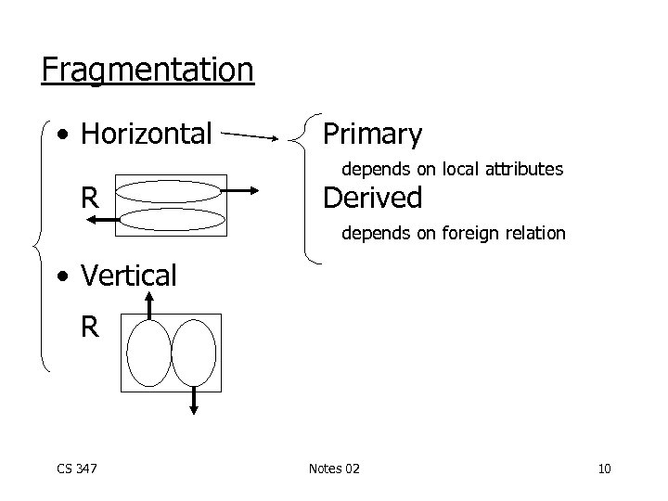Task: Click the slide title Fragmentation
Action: (x=147, y=70)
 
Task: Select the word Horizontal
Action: (x=147, y=135)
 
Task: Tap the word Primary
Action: (x=371, y=135)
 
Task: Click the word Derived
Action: (x=371, y=198)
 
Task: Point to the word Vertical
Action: (x=128, y=276)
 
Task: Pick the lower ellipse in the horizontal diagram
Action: (x=173, y=219)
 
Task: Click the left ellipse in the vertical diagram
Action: (x=149, y=353)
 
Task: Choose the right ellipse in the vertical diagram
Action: (x=195, y=353)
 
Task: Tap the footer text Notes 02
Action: (x=334, y=469)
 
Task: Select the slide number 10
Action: (x=604, y=469)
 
